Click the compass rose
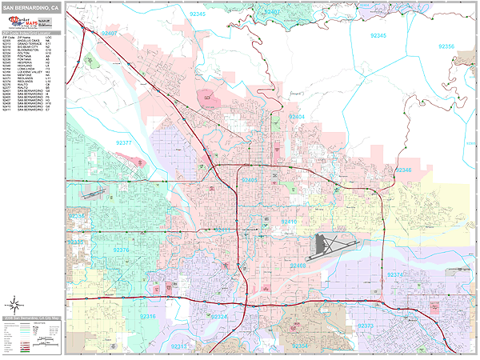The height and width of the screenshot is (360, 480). click(x=14, y=305)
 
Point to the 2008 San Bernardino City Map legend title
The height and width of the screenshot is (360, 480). click(x=32, y=318)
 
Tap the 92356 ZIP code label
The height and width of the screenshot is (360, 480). click(x=445, y=47)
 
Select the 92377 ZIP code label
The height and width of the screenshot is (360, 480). click(x=124, y=142)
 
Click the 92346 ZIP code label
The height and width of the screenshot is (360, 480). click(x=405, y=170)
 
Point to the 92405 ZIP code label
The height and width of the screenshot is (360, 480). click(x=250, y=181)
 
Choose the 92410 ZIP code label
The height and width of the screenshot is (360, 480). click(x=289, y=222)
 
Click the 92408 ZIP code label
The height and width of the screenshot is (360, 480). click(x=298, y=265)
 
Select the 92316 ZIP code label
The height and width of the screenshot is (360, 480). click(x=149, y=317)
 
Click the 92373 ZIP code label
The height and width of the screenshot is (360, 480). click(x=366, y=326)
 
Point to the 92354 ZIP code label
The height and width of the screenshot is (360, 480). click(x=299, y=346)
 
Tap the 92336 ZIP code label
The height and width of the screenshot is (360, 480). click(x=76, y=216)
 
